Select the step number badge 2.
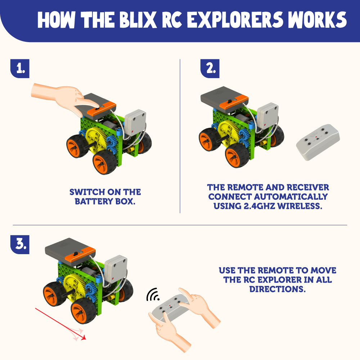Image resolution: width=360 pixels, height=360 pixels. coord(210,69)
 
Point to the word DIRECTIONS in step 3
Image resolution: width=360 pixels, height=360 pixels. coord(277,289)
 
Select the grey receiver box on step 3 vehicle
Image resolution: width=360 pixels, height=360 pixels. coord(115,269)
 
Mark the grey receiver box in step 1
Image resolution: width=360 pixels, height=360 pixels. coord(135,125)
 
